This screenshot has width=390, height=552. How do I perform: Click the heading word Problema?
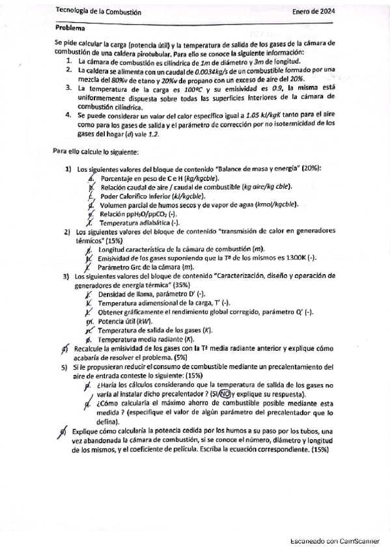pos(70,28)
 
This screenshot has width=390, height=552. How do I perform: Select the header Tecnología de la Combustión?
pos(98,12)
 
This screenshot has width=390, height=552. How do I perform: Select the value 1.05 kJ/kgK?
pos(260,115)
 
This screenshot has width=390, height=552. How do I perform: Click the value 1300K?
pos(288,258)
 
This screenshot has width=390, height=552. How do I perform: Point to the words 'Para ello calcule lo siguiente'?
pos(96,152)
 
